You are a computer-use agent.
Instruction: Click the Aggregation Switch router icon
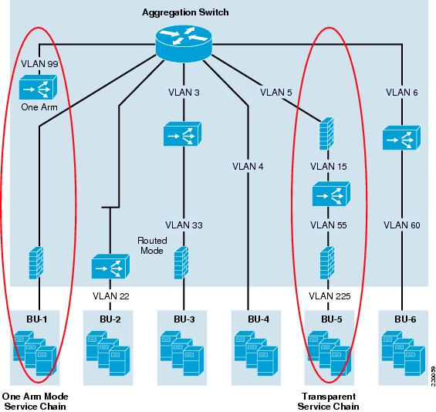184,44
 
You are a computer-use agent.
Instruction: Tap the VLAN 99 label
39,64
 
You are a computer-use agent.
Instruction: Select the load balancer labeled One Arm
38,87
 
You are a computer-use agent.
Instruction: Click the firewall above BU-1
36,263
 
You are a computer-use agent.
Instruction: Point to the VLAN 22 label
111,296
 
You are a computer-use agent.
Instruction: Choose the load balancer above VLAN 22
110,266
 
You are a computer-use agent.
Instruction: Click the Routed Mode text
152,245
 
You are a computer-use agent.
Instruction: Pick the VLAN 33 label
184,225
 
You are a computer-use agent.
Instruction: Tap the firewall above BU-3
181,263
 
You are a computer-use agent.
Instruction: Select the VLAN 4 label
248,167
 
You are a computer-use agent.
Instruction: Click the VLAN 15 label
329,167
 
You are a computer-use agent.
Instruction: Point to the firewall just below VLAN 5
326,133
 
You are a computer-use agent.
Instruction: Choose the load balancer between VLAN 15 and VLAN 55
331,194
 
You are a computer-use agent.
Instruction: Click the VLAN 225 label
330,296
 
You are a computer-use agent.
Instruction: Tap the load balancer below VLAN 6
401,137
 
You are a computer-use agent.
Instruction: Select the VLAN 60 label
402,225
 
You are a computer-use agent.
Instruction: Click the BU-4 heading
259,319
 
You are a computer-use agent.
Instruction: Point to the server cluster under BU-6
404,353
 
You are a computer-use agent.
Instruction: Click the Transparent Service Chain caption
329,401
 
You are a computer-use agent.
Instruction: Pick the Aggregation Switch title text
185,12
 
